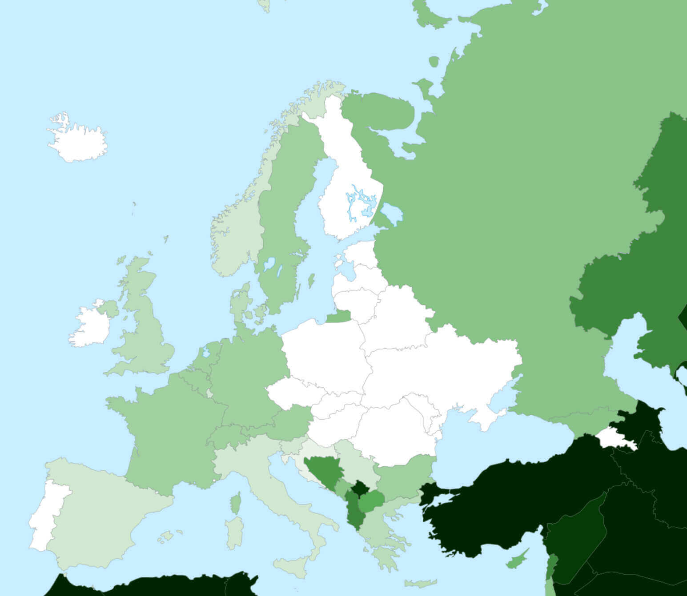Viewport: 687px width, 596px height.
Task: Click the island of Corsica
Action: pyautogui.click(x=236, y=504)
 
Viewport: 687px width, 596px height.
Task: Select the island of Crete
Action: pyautogui.click(x=420, y=583)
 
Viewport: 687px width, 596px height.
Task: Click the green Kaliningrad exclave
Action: pyautogui.click(x=339, y=316)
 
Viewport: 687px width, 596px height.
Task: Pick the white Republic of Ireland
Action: pyautogui.click(x=89, y=326)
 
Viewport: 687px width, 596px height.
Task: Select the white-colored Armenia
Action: pyautogui.click(x=616, y=437)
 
